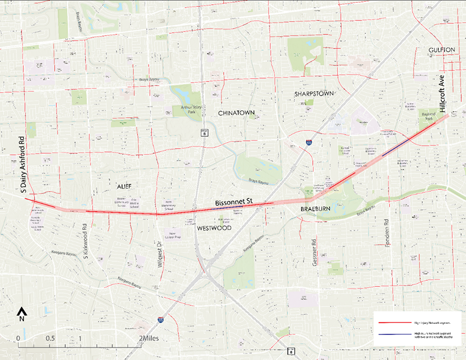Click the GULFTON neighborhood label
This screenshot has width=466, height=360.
click(x=441, y=50)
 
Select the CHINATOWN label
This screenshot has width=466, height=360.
click(x=237, y=112)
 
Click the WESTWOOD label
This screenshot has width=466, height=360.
click(x=214, y=228)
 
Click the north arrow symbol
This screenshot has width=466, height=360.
click(x=22, y=314)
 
